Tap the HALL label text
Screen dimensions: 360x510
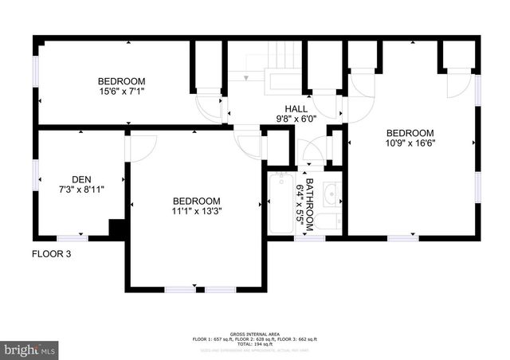tap(296, 108)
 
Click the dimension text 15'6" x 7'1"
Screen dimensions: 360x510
tap(121, 92)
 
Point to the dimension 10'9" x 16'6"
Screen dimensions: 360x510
tap(410, 144)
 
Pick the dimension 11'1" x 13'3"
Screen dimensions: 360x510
tap(197, 212)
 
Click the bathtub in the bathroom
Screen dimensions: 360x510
tap(280, 204)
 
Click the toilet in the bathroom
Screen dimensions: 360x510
tap(334, 221)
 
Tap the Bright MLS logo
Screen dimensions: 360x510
tap(29, 349)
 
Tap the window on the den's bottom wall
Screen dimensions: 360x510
tap(72, 237)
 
